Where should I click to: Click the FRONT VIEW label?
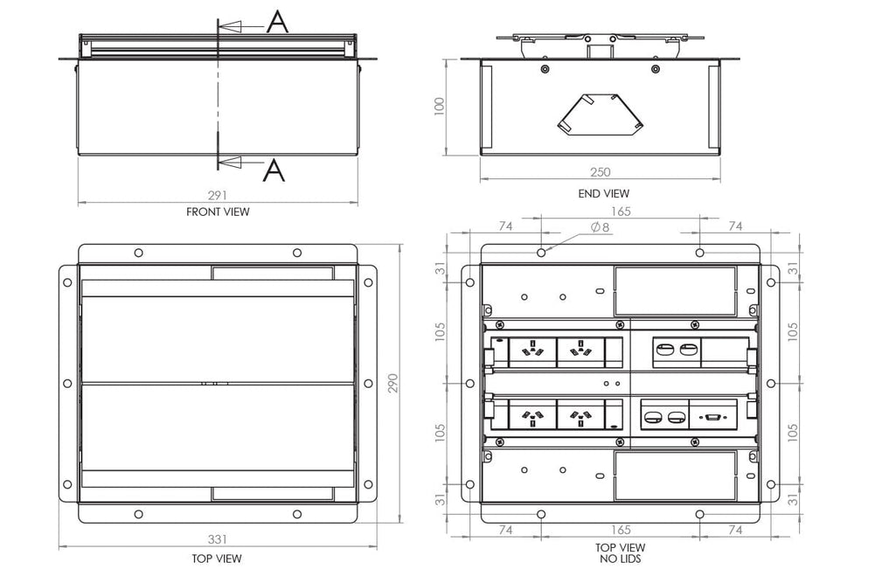218,212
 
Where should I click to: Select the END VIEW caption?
604,193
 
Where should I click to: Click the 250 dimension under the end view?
602,172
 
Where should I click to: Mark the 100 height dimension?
441,107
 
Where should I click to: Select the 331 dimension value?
218,541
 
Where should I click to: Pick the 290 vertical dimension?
393,384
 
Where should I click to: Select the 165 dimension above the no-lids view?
621,212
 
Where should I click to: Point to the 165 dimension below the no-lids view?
620,530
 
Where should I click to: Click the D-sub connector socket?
714,417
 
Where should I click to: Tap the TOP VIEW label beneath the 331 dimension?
218,559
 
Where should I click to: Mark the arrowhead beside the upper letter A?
229,27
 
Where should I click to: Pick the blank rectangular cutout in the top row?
674,291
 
